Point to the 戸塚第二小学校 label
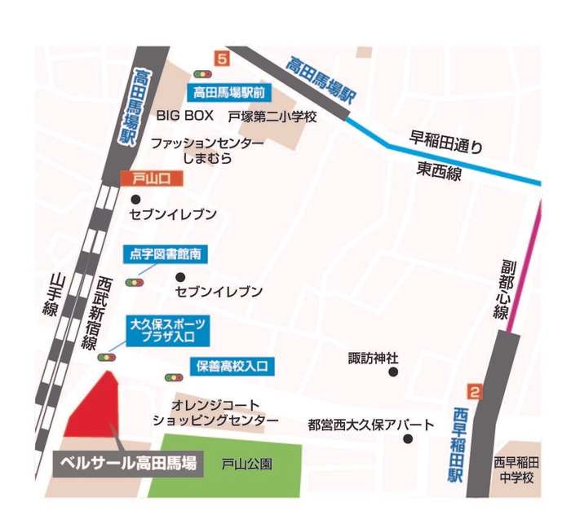click(272, 117)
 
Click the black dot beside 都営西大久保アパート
click(409, 439)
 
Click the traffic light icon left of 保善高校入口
click(174, 377)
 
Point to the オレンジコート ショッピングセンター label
click(215, 412)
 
